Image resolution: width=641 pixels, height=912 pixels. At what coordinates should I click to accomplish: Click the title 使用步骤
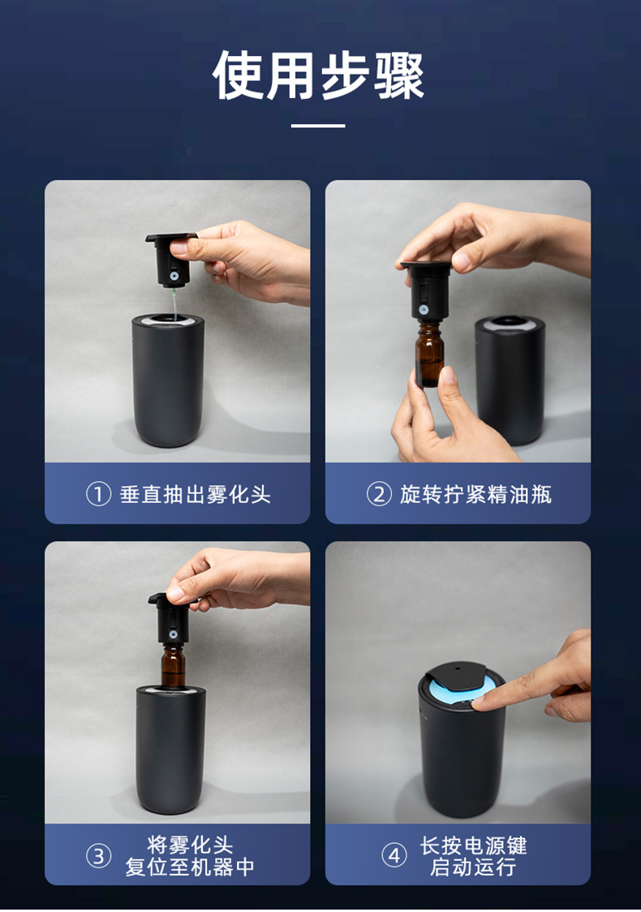(x=318, y=75)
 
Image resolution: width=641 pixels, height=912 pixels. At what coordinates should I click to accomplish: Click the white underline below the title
(x=318, y=125)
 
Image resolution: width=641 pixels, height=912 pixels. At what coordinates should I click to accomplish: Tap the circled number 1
(x=98, y=494)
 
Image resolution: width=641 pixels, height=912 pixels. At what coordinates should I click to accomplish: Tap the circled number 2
(x=379, y=494)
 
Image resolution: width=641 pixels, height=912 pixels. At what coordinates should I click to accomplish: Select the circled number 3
(x=98, y=855)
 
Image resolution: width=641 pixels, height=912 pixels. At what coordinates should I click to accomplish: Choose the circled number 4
(x=394, y=855)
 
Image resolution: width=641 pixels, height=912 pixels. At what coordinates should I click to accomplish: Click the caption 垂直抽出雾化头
(x=196, y=494)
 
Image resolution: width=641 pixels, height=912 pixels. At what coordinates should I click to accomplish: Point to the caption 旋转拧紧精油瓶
(x=475, y=494)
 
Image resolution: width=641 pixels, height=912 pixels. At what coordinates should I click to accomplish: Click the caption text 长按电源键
(x=474, y=845)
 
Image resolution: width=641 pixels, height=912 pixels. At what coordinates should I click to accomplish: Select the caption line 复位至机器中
(x=190, y=867)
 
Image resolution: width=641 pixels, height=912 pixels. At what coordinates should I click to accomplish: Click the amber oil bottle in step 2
(x=429, y=355)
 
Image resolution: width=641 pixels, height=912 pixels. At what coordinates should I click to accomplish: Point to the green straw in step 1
(x=174, y=303)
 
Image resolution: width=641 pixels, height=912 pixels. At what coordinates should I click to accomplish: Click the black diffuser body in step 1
(x=168, y=381)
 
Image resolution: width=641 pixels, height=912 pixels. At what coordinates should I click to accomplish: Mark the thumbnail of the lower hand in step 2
(x=447, y=375)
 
